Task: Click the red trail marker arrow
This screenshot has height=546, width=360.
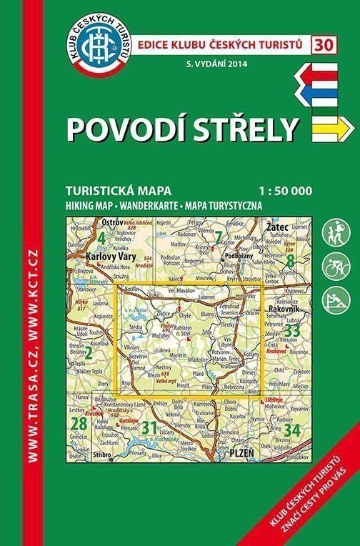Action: (331, 73)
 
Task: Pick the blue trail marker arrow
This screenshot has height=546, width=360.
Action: (331, 92)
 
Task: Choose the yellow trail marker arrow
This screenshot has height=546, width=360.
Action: (334, 127)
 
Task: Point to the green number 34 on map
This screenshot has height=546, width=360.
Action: (291, 430)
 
